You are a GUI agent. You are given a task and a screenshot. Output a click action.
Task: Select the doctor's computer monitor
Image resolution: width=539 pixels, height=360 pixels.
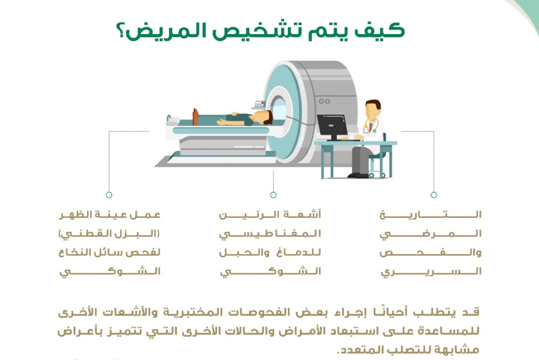tap(332, 125)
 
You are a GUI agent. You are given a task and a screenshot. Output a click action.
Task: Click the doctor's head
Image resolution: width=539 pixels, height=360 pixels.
tap(373, 111)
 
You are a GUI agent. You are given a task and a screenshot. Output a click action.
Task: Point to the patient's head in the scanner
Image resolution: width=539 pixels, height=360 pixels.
tap(267, 117)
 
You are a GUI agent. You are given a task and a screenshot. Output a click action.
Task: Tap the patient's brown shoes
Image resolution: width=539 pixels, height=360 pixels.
tap(195, 116)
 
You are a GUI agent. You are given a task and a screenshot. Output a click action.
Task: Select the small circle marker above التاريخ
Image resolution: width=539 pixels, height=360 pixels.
tap(434, 195)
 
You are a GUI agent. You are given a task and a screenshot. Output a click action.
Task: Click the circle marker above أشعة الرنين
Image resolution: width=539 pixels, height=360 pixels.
tap(273, 195)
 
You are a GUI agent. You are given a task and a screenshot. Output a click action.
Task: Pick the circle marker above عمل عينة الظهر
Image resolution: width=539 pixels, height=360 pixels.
tap(109, 195)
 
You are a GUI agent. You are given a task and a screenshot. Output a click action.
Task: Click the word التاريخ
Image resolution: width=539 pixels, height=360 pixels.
tap(430, 215)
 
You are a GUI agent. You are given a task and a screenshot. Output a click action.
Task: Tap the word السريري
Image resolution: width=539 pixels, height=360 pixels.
tap(430, 272)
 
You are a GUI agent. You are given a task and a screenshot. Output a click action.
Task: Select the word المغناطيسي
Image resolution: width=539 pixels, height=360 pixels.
tap(270, 234)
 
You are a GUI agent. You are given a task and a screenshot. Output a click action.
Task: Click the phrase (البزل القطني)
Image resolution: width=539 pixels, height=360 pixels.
tap(110, 234)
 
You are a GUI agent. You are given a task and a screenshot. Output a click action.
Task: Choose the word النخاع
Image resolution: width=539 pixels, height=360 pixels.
tap(70, 253)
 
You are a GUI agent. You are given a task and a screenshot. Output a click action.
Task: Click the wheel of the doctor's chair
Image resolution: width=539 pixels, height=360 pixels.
tap(371, 175)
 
